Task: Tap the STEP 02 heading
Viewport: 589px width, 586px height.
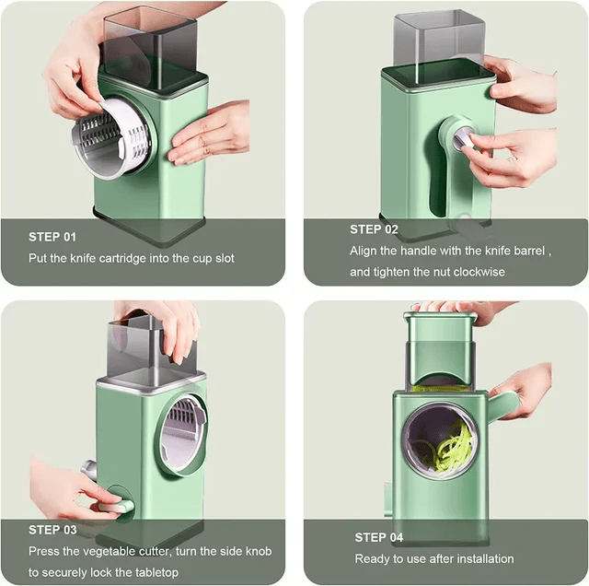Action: [x=374, y=229]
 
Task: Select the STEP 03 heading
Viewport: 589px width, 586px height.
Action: [x=53, y=530]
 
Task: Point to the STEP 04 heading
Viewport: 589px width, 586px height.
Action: [x=379, y=537]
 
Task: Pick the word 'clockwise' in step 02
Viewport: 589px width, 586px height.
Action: [x=478, y=273]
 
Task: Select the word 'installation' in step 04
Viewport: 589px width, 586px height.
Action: [x=482, y=559]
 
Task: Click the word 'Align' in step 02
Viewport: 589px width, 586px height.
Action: [x=364, y=251]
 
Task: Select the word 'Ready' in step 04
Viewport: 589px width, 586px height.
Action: [x=373, y=559]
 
